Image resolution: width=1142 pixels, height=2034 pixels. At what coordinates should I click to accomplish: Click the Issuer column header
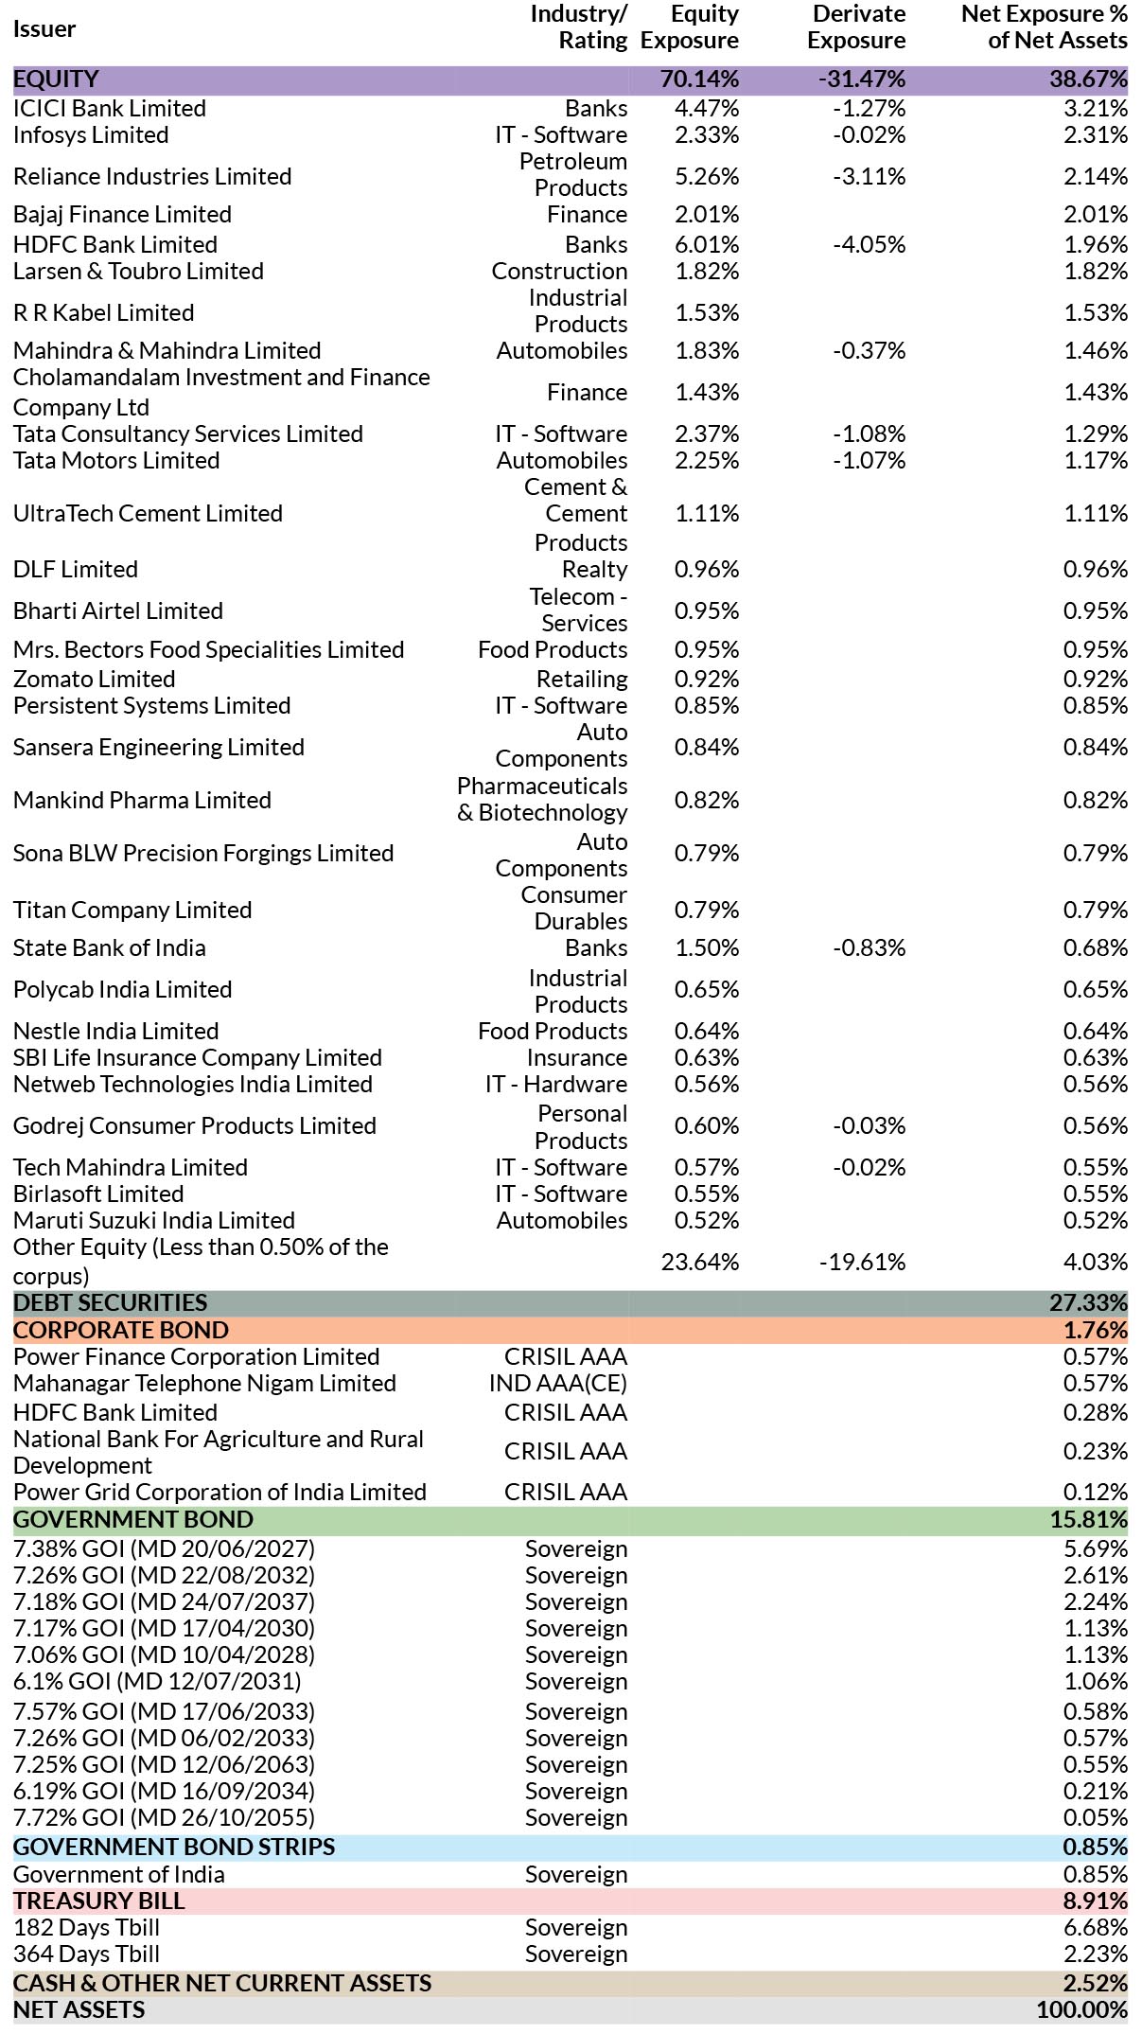44,28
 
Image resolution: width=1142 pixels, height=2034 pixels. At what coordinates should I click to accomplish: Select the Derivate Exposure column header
856,27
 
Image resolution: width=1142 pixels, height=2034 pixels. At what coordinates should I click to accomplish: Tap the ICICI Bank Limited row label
110,108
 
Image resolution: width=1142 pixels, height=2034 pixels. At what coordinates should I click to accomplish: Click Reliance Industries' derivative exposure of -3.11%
869,176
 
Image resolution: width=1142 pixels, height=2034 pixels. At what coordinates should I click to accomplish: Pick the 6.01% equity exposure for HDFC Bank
707,244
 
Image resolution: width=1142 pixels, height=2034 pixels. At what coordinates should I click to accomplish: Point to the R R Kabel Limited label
104,312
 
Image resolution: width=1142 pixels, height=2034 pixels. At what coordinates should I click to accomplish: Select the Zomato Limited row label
95,679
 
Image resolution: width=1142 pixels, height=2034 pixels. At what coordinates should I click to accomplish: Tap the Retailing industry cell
582,679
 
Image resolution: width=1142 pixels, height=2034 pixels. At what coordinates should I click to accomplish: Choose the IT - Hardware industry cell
556,1084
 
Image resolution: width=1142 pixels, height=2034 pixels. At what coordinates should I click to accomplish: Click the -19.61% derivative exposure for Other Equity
862,1262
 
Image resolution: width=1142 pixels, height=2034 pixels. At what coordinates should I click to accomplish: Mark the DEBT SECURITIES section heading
110,1302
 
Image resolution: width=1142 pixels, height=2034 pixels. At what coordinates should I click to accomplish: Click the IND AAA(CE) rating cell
558,1383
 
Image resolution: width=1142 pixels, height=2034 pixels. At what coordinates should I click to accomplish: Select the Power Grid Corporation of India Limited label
220,1492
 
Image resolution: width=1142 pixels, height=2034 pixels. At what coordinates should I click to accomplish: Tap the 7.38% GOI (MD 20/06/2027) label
164,1548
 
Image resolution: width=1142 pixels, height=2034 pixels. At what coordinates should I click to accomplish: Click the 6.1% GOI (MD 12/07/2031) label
157,1681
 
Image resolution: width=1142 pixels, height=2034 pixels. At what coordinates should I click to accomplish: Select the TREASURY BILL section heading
99,1901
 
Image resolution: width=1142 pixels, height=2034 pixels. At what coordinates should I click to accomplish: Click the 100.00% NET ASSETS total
1082,2009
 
